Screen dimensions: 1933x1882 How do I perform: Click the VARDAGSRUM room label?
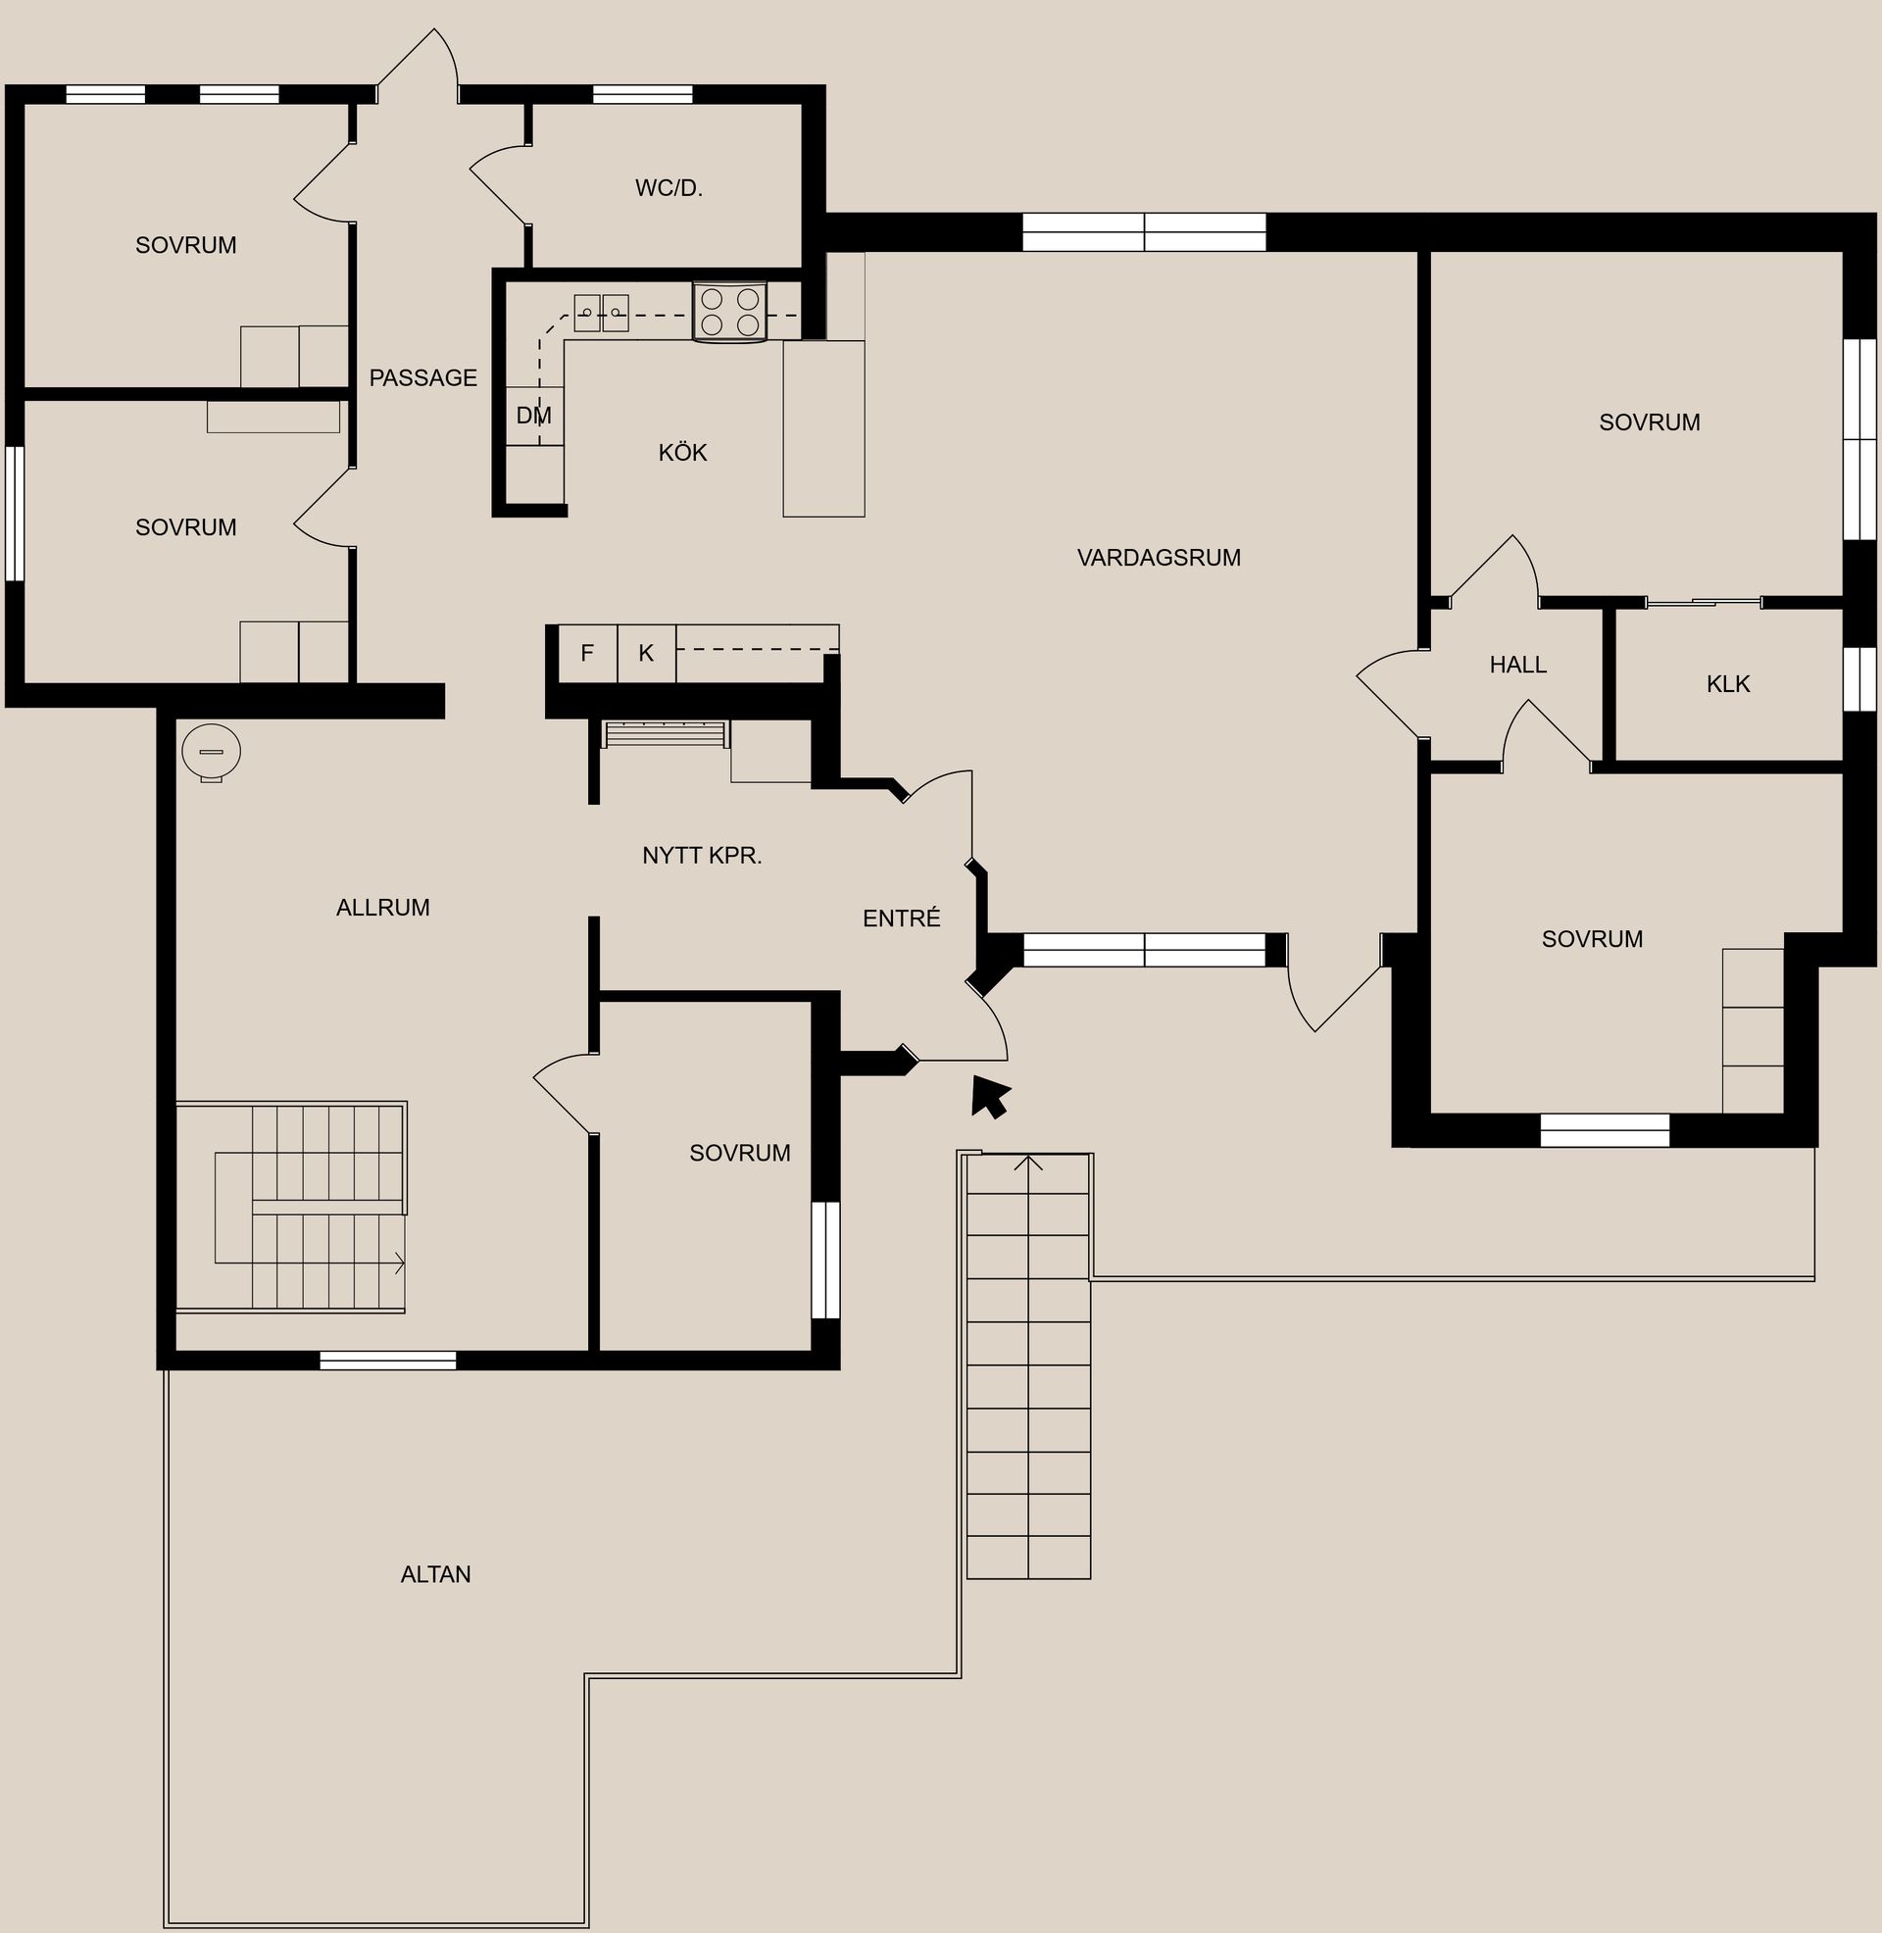click(1159, 558)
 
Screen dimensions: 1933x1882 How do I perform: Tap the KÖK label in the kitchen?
click(682, 453)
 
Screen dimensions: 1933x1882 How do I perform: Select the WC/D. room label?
click(669, 188)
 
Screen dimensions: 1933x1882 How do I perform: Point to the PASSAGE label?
click(423, 377)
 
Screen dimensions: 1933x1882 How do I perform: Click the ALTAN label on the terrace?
click(436, 1574)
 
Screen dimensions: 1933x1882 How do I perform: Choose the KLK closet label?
click(1728, 684)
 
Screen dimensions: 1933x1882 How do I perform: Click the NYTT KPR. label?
click(702, 856)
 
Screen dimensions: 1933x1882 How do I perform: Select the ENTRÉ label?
click(902, 919)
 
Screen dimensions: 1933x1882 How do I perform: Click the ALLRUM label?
click(382, 908)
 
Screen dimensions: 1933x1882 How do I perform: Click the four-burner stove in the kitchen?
click(729, 312)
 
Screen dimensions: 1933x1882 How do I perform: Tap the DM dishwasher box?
click(535, 416)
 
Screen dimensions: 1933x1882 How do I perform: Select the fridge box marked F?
click(587, 653)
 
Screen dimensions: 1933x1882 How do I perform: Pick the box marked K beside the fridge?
click(646, 653)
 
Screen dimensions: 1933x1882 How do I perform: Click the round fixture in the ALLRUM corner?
click(212, 752)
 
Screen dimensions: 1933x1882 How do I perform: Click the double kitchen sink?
click(601, 314)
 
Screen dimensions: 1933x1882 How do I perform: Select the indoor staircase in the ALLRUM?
click(309, 1208)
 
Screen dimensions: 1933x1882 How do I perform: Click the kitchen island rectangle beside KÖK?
click(823, 428)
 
